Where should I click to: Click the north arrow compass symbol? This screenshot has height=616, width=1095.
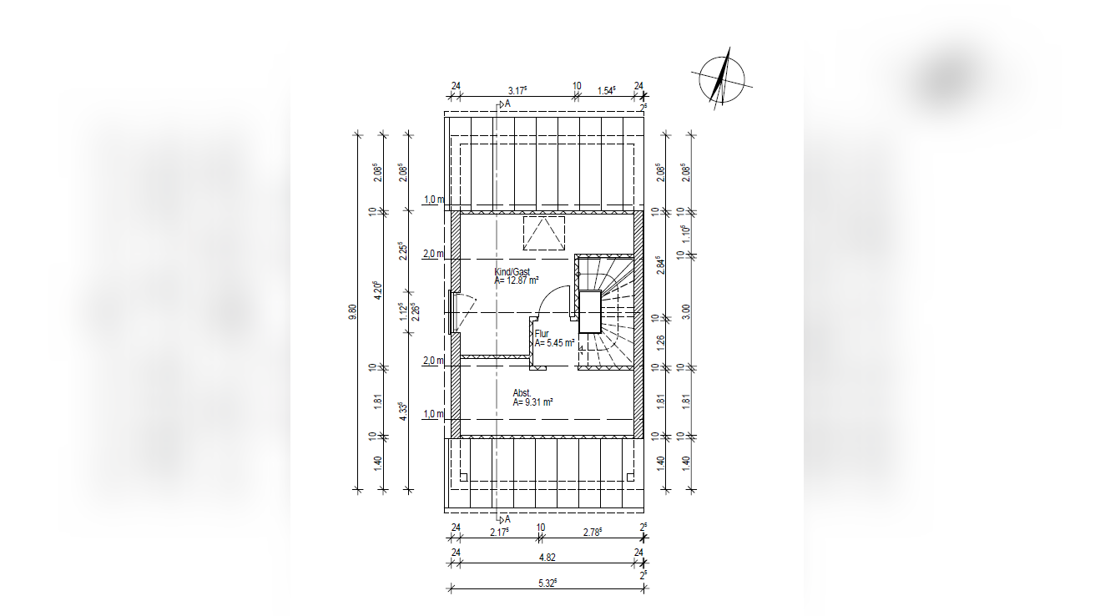pos(722,79)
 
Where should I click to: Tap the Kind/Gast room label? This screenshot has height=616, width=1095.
pos(512,272)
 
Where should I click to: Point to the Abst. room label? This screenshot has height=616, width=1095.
pos(522,393)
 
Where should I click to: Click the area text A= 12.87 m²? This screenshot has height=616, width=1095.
pos(517,280)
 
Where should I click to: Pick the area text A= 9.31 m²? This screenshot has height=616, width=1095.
pos(532,402)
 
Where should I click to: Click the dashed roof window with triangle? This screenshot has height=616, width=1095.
pos(543,233)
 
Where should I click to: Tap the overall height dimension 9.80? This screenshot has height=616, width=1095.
pos(352,312)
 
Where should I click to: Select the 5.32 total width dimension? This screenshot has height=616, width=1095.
pos(547,583)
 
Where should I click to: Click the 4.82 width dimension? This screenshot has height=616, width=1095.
pos(547,558)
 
